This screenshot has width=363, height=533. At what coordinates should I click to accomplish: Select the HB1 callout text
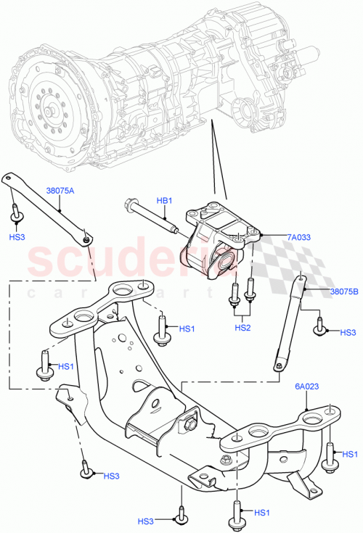tap(166, 201)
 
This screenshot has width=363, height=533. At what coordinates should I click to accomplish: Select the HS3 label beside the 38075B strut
tap(349, 332)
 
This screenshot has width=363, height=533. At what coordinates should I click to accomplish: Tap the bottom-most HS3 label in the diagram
tap(147, 521)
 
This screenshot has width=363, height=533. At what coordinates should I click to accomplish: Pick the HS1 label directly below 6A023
tap(349, 454)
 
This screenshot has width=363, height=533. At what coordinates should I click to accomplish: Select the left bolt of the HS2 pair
tap(234, 296)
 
